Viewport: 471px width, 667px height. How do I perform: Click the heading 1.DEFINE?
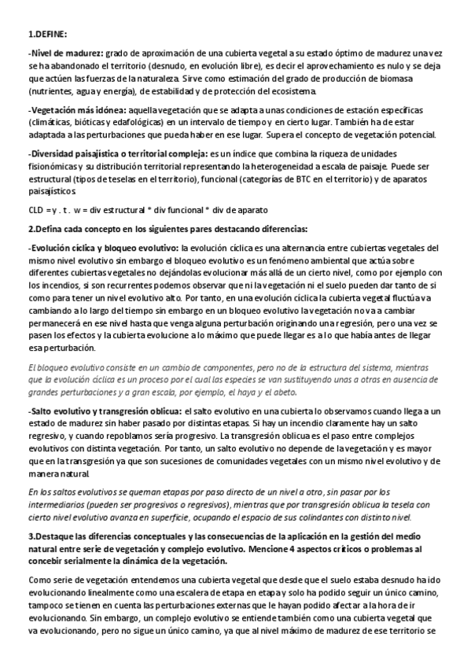pos(47,35)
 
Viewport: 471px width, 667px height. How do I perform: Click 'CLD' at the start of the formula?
pos(36,210)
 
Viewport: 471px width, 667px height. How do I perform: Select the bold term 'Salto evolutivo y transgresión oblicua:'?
pos(105,411)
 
